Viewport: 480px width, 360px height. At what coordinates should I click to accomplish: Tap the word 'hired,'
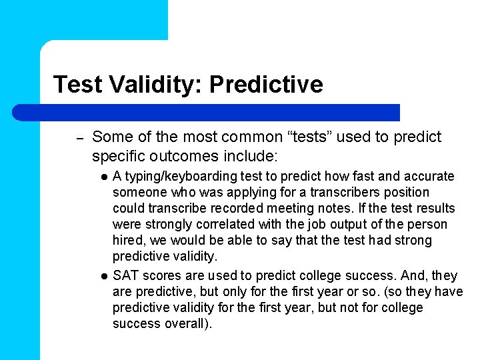(x=129, y=241)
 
